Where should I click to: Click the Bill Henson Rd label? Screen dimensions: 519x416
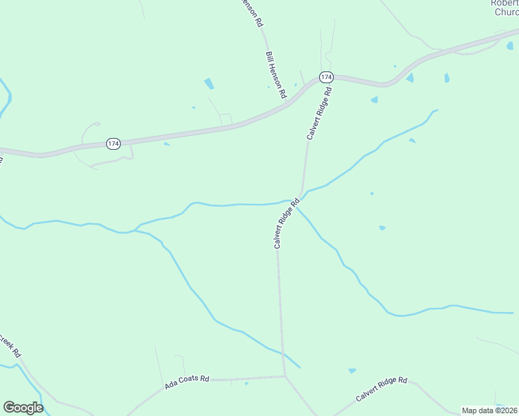click(x=275, y=75)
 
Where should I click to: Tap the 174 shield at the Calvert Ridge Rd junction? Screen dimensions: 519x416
click(x=326, y=76)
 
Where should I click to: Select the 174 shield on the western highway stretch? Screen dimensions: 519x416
click(x=114, y=144)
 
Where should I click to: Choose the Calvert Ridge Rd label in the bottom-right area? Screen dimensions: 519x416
click(x=381, y=390)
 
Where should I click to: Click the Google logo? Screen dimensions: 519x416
click(x=23, y=408)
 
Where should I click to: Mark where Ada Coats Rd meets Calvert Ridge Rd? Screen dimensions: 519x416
click(x=284, y=376)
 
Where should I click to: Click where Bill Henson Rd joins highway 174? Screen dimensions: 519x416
click(x=285, y=102)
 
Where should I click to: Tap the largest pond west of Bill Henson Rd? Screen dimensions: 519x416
click(x=209, y=84)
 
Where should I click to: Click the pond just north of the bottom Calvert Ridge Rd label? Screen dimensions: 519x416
click(x=352, y=371)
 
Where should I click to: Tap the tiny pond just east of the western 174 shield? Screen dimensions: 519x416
click(x=167, y=144)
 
